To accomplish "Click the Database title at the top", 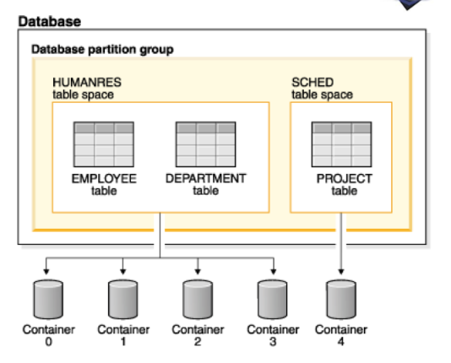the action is point(50,22).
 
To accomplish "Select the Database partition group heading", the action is point(102,50).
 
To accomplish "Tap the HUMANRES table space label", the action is point(87,89).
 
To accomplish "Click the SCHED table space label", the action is point(322,89).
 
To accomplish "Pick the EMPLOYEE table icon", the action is point(104,144).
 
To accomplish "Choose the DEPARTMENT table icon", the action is point(206,144).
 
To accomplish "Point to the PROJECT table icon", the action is point(342,144).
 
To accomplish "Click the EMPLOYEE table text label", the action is point(104,185).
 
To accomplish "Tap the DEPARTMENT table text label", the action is point(206,185).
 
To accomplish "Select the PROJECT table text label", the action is point(345,185).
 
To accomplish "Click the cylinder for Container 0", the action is point(48,300).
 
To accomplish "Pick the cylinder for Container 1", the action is point(122,300).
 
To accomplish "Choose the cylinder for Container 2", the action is point(198,300).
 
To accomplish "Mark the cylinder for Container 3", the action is point(273,300).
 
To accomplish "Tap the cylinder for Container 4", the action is point(341,300).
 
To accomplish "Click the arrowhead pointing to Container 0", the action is point(46,272).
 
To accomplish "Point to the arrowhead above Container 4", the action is point(341,272).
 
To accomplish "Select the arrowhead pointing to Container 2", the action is point(198,272).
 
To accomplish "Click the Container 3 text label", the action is point(273,335).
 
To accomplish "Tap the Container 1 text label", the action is point(123,335).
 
